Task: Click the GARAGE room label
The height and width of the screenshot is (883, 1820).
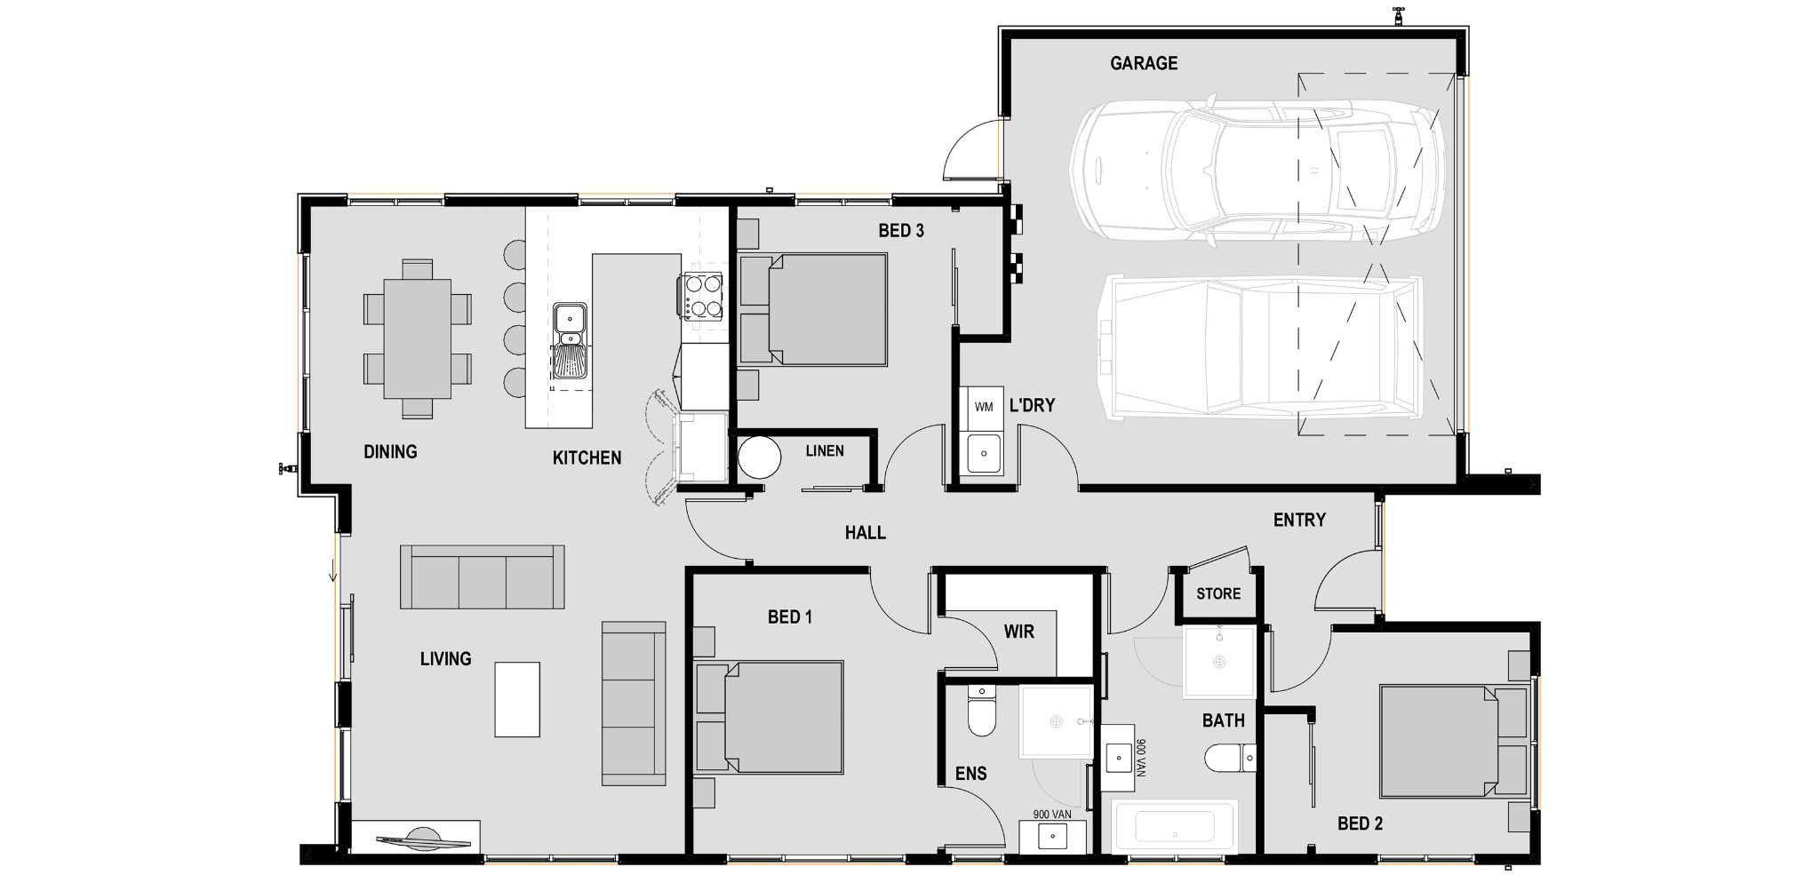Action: pos(1143,63)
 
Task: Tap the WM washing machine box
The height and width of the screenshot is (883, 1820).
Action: pos(984,407)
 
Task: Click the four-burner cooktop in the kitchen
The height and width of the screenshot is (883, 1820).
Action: pos(702,296)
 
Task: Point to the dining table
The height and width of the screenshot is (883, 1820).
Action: pos(417,338)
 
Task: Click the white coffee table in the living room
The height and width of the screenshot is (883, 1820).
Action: pos(517,699)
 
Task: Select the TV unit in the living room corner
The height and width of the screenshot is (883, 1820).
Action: pos(416,837)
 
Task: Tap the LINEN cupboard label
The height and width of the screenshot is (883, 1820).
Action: pos(824,451)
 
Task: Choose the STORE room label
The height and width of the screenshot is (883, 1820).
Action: pos(1217,593)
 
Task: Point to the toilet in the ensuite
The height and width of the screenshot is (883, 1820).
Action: pos(981,713)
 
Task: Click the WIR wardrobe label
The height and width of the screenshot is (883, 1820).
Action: pos(1018,632)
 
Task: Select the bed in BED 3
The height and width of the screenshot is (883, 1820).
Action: pos(813,309)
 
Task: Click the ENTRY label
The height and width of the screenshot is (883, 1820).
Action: pos(1298,520)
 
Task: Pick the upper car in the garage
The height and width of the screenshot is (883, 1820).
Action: pos(1256,169)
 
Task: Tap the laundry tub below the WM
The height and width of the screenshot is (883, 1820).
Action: pos(984,454)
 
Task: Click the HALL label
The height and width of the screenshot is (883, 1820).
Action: pos(865,532)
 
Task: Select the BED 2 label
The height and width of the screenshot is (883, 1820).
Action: pos(1360,823)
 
